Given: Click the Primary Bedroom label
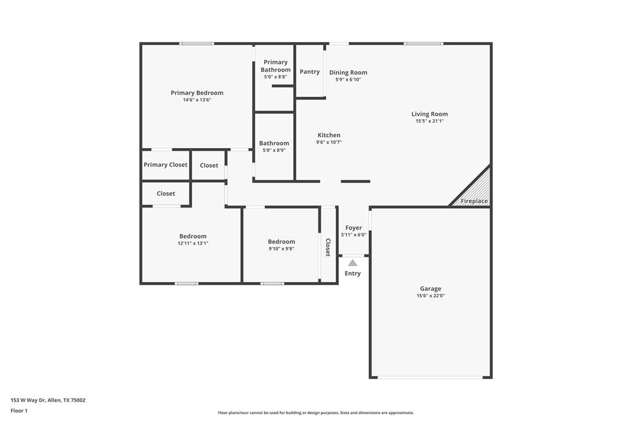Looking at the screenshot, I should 197,93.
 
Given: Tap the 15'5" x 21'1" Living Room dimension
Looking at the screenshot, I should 430,122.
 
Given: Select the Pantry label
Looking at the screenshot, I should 310,72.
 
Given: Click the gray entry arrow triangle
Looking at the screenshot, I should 352,262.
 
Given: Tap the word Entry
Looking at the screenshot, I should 352,273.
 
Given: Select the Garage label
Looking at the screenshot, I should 430,288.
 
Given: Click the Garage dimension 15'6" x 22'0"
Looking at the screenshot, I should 430,296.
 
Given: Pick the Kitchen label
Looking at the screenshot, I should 329,135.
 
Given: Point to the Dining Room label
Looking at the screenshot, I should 348,72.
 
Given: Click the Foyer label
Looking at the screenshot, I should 354,228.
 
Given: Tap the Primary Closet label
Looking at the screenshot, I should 165,165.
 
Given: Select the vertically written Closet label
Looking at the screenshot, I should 328,247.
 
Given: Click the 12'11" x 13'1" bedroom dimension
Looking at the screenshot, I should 193,243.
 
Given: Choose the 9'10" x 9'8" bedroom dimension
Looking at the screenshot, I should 281,249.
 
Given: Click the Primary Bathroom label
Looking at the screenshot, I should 275,65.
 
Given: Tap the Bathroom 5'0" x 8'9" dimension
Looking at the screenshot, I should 274,150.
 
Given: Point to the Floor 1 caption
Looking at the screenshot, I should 19,411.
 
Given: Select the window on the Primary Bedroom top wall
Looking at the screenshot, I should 196,43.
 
